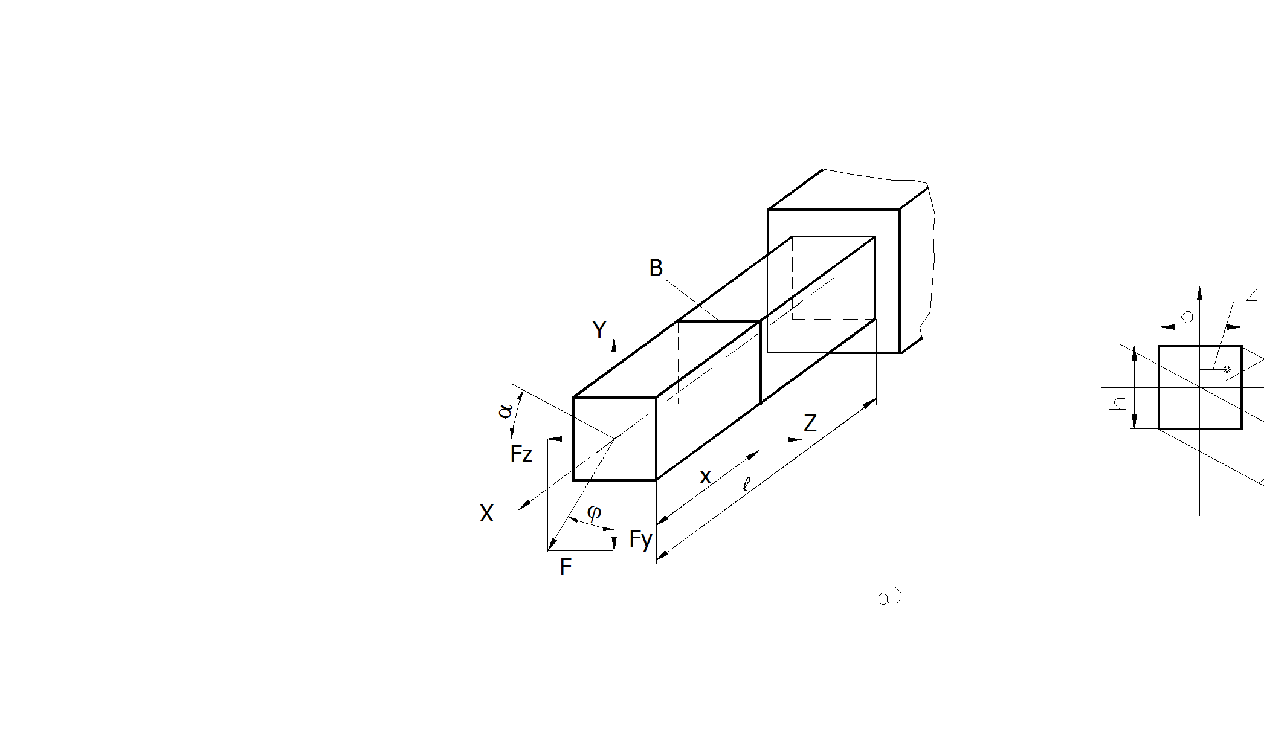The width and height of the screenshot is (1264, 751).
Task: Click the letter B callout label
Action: pyautogui.click(x=656, y=268)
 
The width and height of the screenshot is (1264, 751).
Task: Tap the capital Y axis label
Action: pyautogui.click(x=599, y=330)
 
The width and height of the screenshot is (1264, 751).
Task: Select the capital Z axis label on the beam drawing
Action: pyautogui.click(x=810, y=423)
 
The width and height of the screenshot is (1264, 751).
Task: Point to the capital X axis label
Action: pyautogui.click(x=486, y=514)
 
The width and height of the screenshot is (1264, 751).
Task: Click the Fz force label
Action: pyautogui.click(x=521, y=454)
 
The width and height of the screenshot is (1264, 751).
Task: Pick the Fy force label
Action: pyautogui.click(x=640, y=539)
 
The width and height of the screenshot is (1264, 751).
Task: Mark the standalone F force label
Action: pyautogui.click(x=566, y=567)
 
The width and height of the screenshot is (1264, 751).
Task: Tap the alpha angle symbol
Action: pyautogui.click(x=505, y=411)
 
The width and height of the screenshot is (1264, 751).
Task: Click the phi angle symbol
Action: pyautogui.click(x=594, y=512)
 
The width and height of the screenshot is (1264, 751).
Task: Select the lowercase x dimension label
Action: pyautogui.click(x=705, y=477)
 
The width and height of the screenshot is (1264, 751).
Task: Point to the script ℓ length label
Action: pyautogui.click(x=747, y=483)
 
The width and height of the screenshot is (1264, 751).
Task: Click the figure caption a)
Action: pyautogui.click(x=889, y=598)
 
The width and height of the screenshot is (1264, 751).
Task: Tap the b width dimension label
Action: pyautogui.click(x=1187, y=315)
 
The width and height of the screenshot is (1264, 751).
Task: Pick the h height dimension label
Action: pyautogui.click(x=1118, y=403)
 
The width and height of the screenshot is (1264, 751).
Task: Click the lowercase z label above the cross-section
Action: pyautogui.click(x=1251, y=295)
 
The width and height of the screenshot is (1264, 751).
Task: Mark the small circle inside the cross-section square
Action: pyautogui.click(x=1227, y=369)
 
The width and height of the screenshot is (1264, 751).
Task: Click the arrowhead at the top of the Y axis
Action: pyautogui.click(x=614, y=344)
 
